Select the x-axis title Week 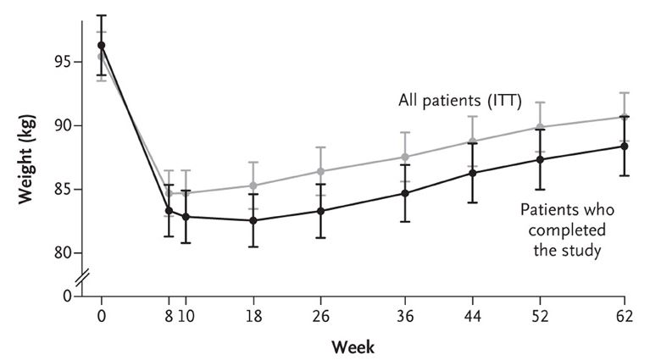(354, 346)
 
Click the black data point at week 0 (101, 45)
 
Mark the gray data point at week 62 (625, 117)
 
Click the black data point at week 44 (472, 173)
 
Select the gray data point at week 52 (540, 127)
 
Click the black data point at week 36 (405, 193)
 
